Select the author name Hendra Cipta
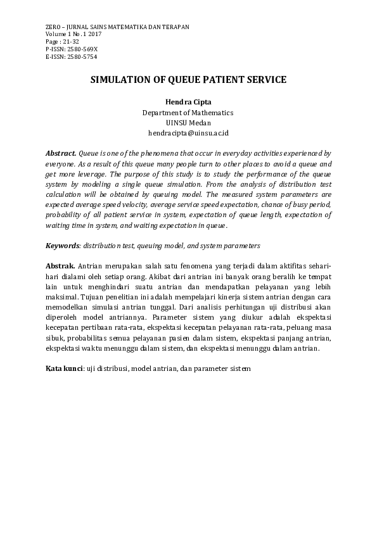(x=188, y=102)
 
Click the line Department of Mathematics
(x=188, y=113)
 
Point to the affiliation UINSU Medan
(x=188, y=123)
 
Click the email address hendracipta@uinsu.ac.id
(x=188, y=134)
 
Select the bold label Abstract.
(x=61, y=154)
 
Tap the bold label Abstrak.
(x=60, y=266)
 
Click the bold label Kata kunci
(x=64, y=368)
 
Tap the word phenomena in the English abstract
(x=149, y=154)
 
